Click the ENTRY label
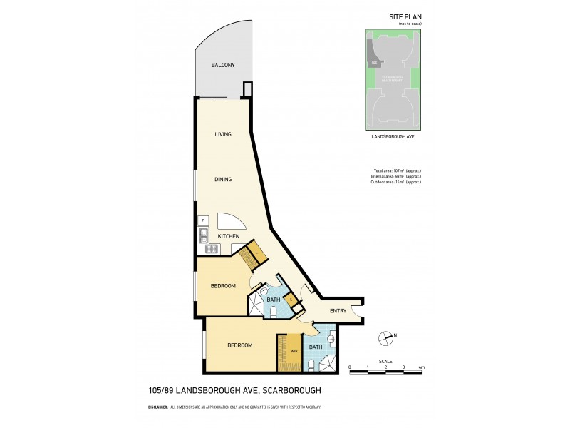coord(338,310)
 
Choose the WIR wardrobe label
coord(294,350)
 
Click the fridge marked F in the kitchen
coord(203,220)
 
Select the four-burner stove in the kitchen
coord(210,248)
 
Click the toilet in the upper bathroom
coord(281,310)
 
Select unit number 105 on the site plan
coord(374,63)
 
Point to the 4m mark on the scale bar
coord(422,367)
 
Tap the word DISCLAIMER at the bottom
coord(157,407)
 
